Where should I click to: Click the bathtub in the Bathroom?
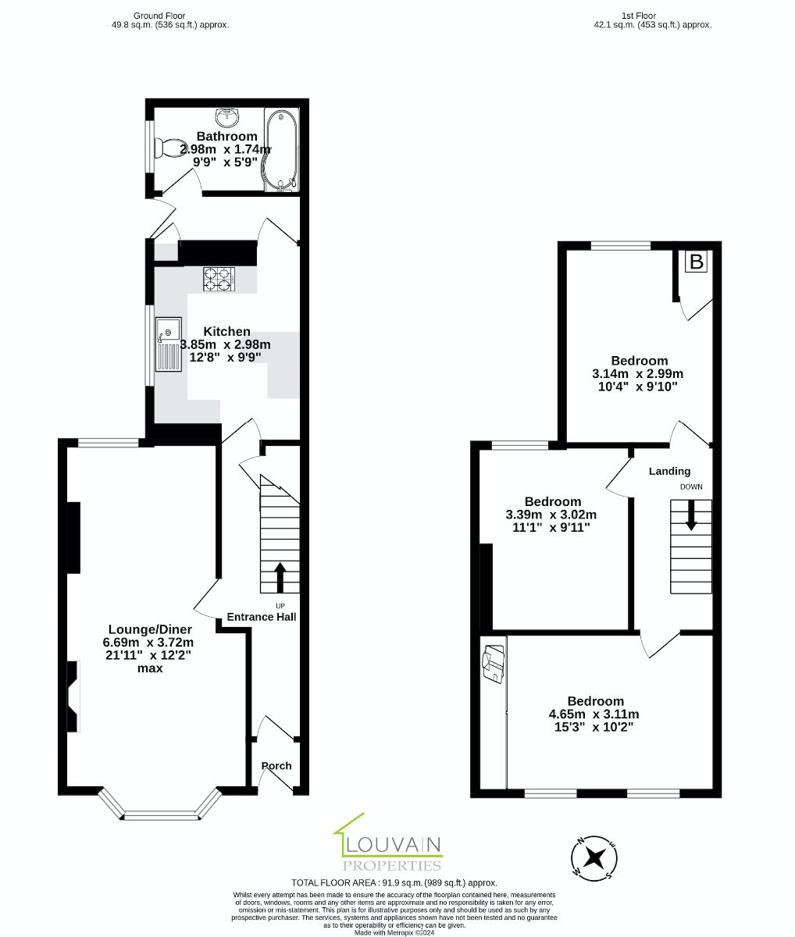tap(281, 149)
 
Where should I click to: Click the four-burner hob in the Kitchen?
tap(219, 280)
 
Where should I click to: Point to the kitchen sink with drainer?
tap(168, 344)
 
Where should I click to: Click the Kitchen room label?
tap(226, 332)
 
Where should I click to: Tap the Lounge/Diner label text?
tap(150, 629)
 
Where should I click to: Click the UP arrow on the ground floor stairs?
tap(280, 578)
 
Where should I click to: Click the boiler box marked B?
tap(696, 262)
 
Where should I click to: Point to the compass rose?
tap(596, 858)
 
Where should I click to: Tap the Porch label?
tap(276, 766)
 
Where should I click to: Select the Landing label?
tap(669, 471)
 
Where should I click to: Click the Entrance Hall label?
tap(262, 617)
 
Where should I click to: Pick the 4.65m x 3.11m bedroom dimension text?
tap(594, 714)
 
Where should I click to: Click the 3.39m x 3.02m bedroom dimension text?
tap(551, 515)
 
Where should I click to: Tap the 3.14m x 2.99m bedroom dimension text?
tap(638, 373)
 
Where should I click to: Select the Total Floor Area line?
tap(394, 882)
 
